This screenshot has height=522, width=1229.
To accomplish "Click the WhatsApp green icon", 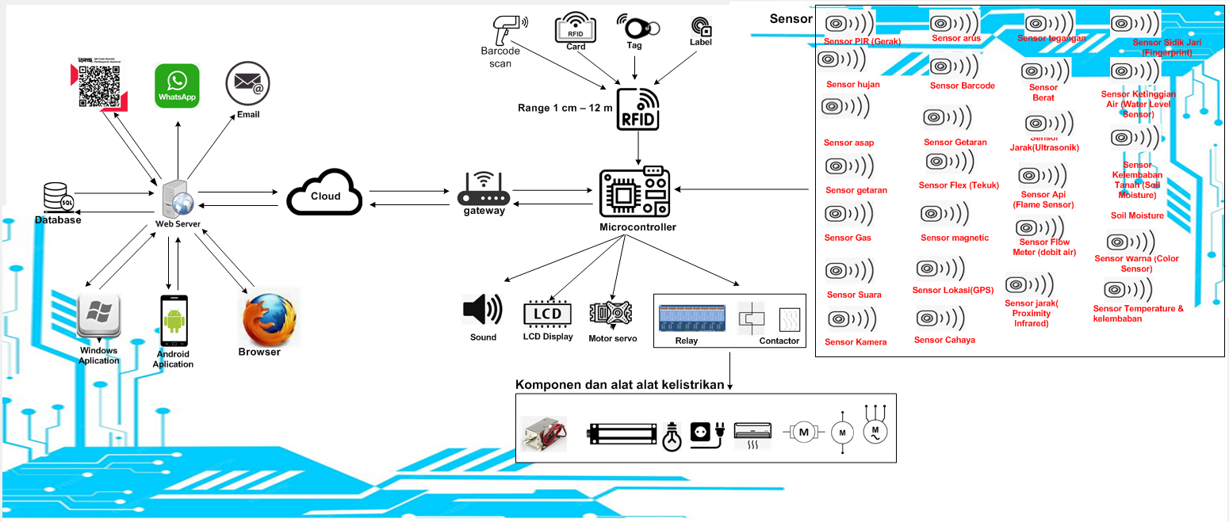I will pyautogui.click(x=177, y=86).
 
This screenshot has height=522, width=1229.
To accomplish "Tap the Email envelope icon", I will pyautogui.click(x=244, y=83).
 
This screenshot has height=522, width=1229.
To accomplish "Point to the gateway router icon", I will pyautogui.click(x=484, y=190).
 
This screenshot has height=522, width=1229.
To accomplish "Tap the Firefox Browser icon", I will pyautogui.click(x=270, y=317).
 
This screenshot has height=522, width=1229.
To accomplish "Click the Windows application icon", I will pyautogui.click(x=99, y=318).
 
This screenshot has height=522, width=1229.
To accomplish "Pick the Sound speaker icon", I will pyautogui.click(x=482, y=310).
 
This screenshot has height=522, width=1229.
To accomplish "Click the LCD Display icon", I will pyautogui.click(x=547, y=313).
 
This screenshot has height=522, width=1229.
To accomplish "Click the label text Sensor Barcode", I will pyautogui.click(x=962, y=86).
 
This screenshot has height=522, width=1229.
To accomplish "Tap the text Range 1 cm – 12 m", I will pyautogui.click(x=565, y=108).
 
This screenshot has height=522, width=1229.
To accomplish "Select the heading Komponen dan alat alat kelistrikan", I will pyautogui.click(x=620, y=385).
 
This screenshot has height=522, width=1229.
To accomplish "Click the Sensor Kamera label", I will pyautogui.click(x=856, y=342).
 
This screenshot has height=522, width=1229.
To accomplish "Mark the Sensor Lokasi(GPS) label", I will pyautogui.click(x=952, y=290).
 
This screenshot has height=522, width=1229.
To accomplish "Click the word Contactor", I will pyautogui.click(x=780, y=341).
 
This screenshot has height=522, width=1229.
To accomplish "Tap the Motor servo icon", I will pyautogui.click(x=610, y=314).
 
